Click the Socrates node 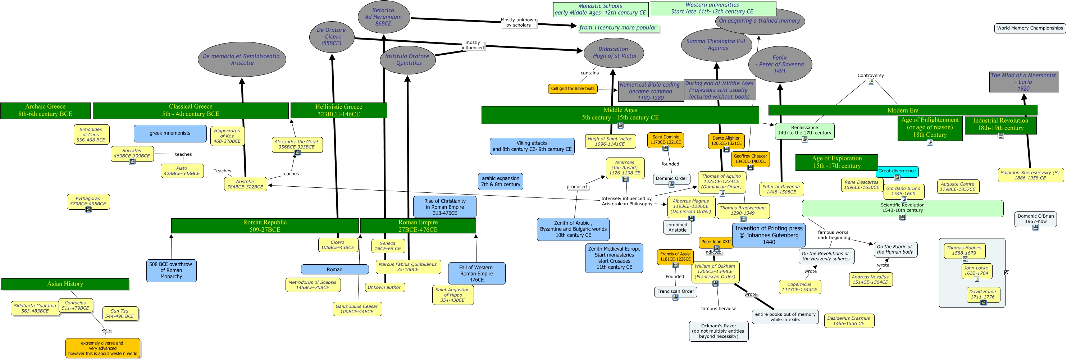coord(132,153)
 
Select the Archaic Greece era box coord(45,110)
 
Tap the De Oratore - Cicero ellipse coord(332,36)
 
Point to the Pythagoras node coord(88,201)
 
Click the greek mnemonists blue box coord(170,133)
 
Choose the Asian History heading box coord(65,284)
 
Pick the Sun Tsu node coord(120,314)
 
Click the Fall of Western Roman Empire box coord(476,273)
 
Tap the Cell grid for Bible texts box coord(573,89)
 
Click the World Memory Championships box coord(1030,28)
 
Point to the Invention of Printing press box coord(769,235)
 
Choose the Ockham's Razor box coord(718,331)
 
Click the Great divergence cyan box coord(897,171)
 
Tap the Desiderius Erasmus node coord(849,321)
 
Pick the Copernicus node coord(799,287)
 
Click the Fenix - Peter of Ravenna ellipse coord(780,64)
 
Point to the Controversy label coord(870,76)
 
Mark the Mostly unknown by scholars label coord(518,22)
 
